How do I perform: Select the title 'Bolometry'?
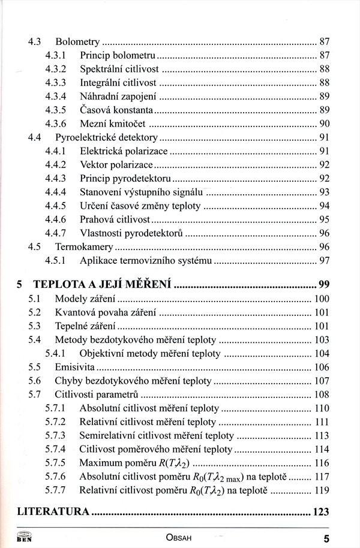(77, 42)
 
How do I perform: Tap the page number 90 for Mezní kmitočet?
(325, 124)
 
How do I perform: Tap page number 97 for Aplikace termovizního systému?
(325, 261)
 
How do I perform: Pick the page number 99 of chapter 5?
(324, 285)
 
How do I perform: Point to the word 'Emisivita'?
(75, 366)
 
